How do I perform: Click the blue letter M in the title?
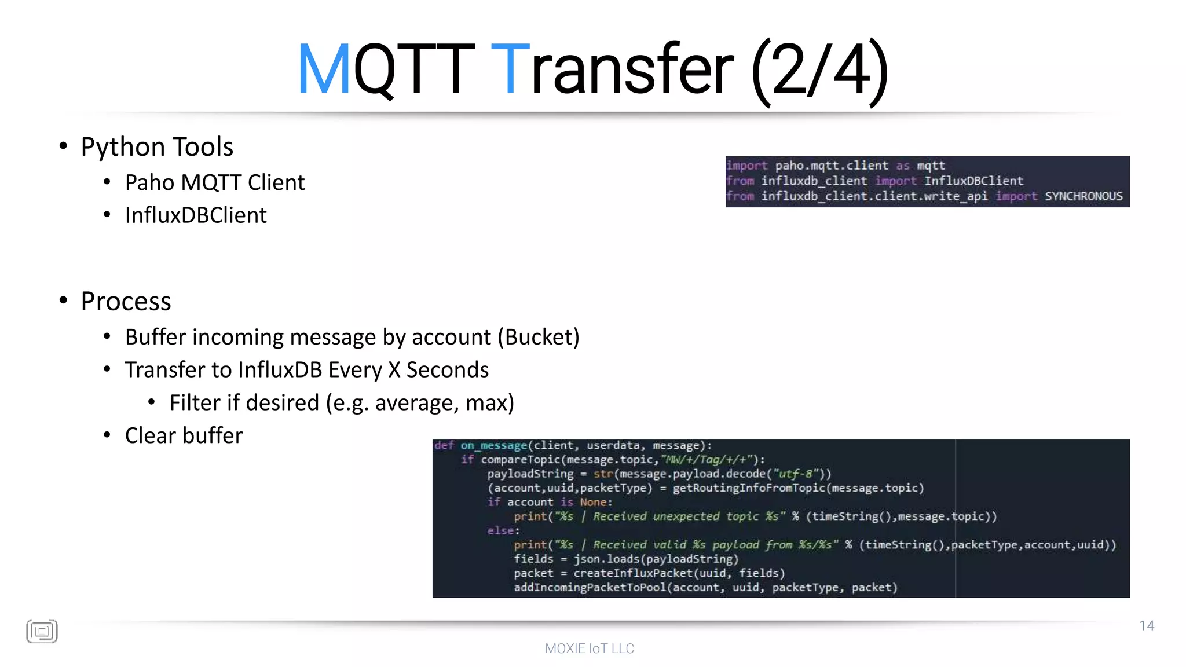click(x=324, y=69)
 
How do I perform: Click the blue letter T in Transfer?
click(x=510, y=69)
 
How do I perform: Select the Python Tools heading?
click(x=157, y=147)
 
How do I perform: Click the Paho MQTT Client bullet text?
click(x=215, y=183)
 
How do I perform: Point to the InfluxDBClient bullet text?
click(x=196, y=215)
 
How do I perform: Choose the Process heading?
click(x=126, y=301)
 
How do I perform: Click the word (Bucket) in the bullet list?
click(x=539, y=337)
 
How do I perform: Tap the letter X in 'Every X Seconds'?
click(x=394, y=370)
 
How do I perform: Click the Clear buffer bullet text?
click(x=184, y=435)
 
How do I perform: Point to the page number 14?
click(x=1147, y=626)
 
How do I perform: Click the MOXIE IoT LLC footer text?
click(x=590, y=648)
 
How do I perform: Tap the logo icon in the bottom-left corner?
click(x=42, y=631)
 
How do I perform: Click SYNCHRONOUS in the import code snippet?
click(x=1083, y=196)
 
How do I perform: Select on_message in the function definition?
click(x=493, y=445)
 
